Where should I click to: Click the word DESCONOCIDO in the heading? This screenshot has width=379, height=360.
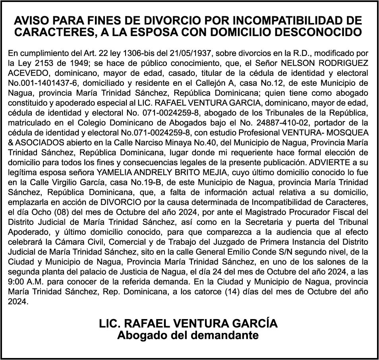[x=321, y=32]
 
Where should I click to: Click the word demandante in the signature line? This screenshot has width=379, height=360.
[x=225, y=335]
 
